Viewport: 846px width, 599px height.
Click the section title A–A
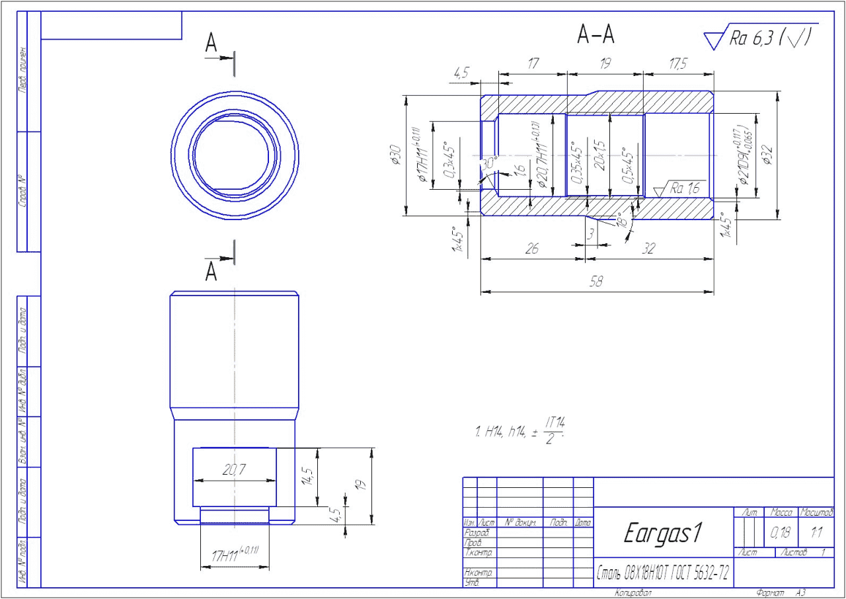tap(596, 36)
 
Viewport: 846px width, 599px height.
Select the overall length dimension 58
tap(597, 282)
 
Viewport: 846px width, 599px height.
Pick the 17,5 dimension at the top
tap(677, 65)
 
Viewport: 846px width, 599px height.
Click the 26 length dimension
tap(531, 249)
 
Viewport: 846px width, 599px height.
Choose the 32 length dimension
tap(648, 249)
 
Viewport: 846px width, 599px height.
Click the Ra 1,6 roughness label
tap(685, 188)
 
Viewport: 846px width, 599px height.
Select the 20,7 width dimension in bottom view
tap(234, 470)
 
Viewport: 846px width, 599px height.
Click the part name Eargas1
tap(663, 534)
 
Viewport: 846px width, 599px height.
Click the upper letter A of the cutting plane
tap(211, 44)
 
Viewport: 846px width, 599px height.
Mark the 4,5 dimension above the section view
tap(461, 73)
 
